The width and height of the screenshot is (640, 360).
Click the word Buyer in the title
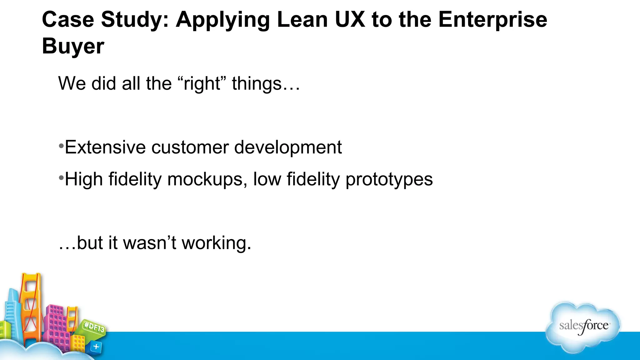click(73, 46)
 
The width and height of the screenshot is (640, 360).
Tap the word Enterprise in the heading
click(492, 20)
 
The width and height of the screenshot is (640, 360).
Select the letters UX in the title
click(349, 20)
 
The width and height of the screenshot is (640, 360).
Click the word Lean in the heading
click(302, 20)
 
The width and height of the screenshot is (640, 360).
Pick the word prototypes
click(389, 180)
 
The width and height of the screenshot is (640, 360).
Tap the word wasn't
click(150, 243)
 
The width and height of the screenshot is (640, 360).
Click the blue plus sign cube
click(96, 347)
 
